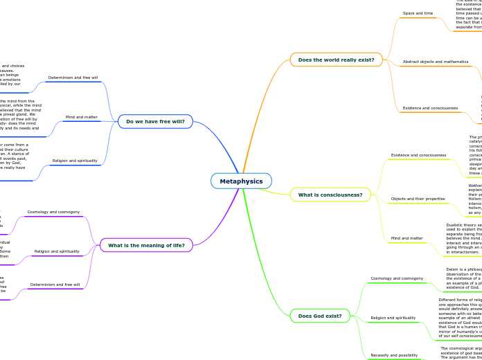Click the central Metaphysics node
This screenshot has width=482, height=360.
(241, 181)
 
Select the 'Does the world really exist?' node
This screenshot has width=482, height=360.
(336, 60)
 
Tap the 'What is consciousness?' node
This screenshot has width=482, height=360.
(330, 195)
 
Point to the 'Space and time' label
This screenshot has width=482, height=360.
(418, 14)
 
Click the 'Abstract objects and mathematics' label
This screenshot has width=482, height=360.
(436, 62)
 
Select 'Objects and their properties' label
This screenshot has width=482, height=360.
(418, 199)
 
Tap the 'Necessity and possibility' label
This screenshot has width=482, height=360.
(394, 355)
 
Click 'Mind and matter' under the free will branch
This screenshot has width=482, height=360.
(81, 117)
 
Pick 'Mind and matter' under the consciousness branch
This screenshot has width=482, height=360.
(407, 238)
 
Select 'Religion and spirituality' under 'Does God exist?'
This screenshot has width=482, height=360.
(393, 318)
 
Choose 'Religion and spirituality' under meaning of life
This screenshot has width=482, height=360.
(57, 252)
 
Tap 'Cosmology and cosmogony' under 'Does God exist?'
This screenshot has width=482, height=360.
(397, 278)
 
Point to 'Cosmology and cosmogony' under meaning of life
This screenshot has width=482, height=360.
(53, 212)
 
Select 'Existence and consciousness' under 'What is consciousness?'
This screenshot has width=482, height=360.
(418, 155)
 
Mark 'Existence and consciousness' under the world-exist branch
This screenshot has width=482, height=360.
(430, 108)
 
